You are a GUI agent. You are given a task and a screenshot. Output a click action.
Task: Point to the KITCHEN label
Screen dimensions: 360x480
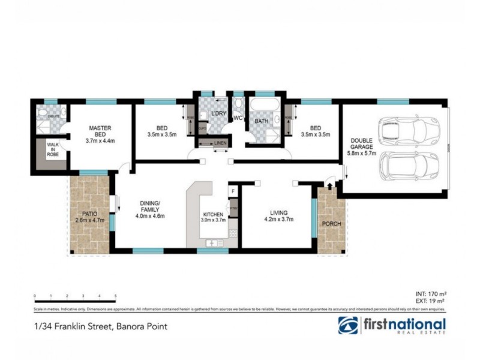pos(213,214)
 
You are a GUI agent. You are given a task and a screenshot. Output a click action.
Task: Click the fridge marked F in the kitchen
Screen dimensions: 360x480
pos(233,191)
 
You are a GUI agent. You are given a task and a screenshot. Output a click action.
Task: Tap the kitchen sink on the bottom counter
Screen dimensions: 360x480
pos(212,242)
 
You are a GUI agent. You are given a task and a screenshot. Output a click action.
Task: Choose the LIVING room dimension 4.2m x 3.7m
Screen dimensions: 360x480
pos(278,220)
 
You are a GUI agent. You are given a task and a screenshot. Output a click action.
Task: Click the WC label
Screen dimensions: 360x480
pos(238,118)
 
